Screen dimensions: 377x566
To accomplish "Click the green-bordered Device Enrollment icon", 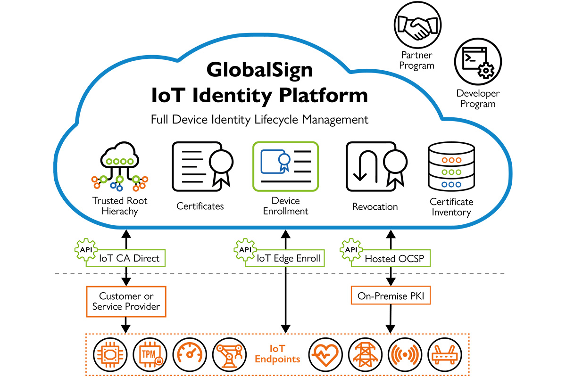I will point(285,165).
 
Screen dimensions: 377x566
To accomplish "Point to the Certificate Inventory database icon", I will point(451,166).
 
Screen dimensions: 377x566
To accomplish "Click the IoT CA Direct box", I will point(129,258).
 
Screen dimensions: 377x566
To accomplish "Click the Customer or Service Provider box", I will point(126,302).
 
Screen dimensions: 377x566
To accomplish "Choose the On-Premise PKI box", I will point(391,296).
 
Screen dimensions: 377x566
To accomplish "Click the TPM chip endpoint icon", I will point(148,354).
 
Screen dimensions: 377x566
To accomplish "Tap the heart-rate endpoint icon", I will point(325,354).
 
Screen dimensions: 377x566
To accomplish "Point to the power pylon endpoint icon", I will point(365,354).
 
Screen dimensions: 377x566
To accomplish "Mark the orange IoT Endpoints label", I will point(277,354).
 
